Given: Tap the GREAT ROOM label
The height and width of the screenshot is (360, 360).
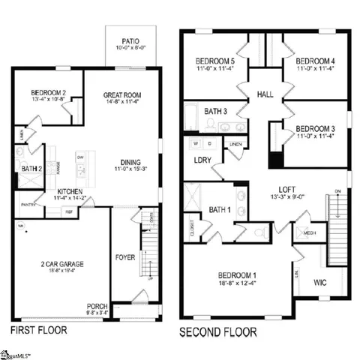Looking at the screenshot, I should (123, 95).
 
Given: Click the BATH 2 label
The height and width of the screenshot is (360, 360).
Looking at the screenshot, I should (31, 169).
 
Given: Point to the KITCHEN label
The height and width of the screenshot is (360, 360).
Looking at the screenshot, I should (70, 192).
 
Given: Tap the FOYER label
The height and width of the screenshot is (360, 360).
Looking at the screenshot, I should (124, 258).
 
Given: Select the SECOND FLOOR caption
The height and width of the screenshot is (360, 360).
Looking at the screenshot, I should (218, 331).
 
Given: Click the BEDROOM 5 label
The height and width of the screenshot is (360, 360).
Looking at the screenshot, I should (214, 61).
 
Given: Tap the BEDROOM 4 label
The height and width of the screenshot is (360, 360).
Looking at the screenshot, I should (313, 61).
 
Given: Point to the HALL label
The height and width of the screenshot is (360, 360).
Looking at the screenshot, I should (265, 95).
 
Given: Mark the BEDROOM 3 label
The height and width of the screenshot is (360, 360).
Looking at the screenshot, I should (314, 128).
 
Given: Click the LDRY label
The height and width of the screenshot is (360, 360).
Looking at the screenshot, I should (202, 160).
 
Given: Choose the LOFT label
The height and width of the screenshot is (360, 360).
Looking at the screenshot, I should (287, 190).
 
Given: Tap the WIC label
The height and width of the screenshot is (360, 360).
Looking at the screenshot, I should (321, 283).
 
